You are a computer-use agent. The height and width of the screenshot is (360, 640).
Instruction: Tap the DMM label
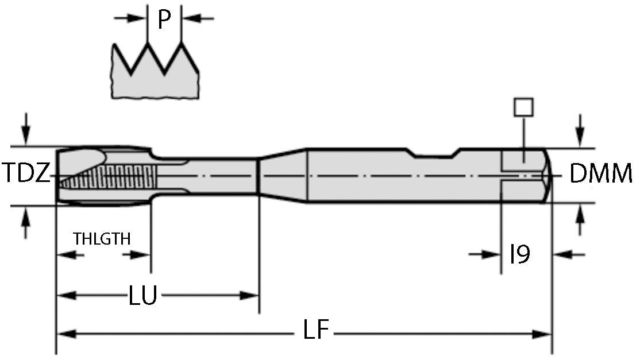(x=601, y=173)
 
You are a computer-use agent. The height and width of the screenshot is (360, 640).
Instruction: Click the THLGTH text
(x=102, y=238)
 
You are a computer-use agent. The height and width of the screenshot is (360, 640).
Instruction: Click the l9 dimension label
(x=521, y=254)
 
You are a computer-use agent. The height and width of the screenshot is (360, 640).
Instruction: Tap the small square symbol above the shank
(x=523, y=107)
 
